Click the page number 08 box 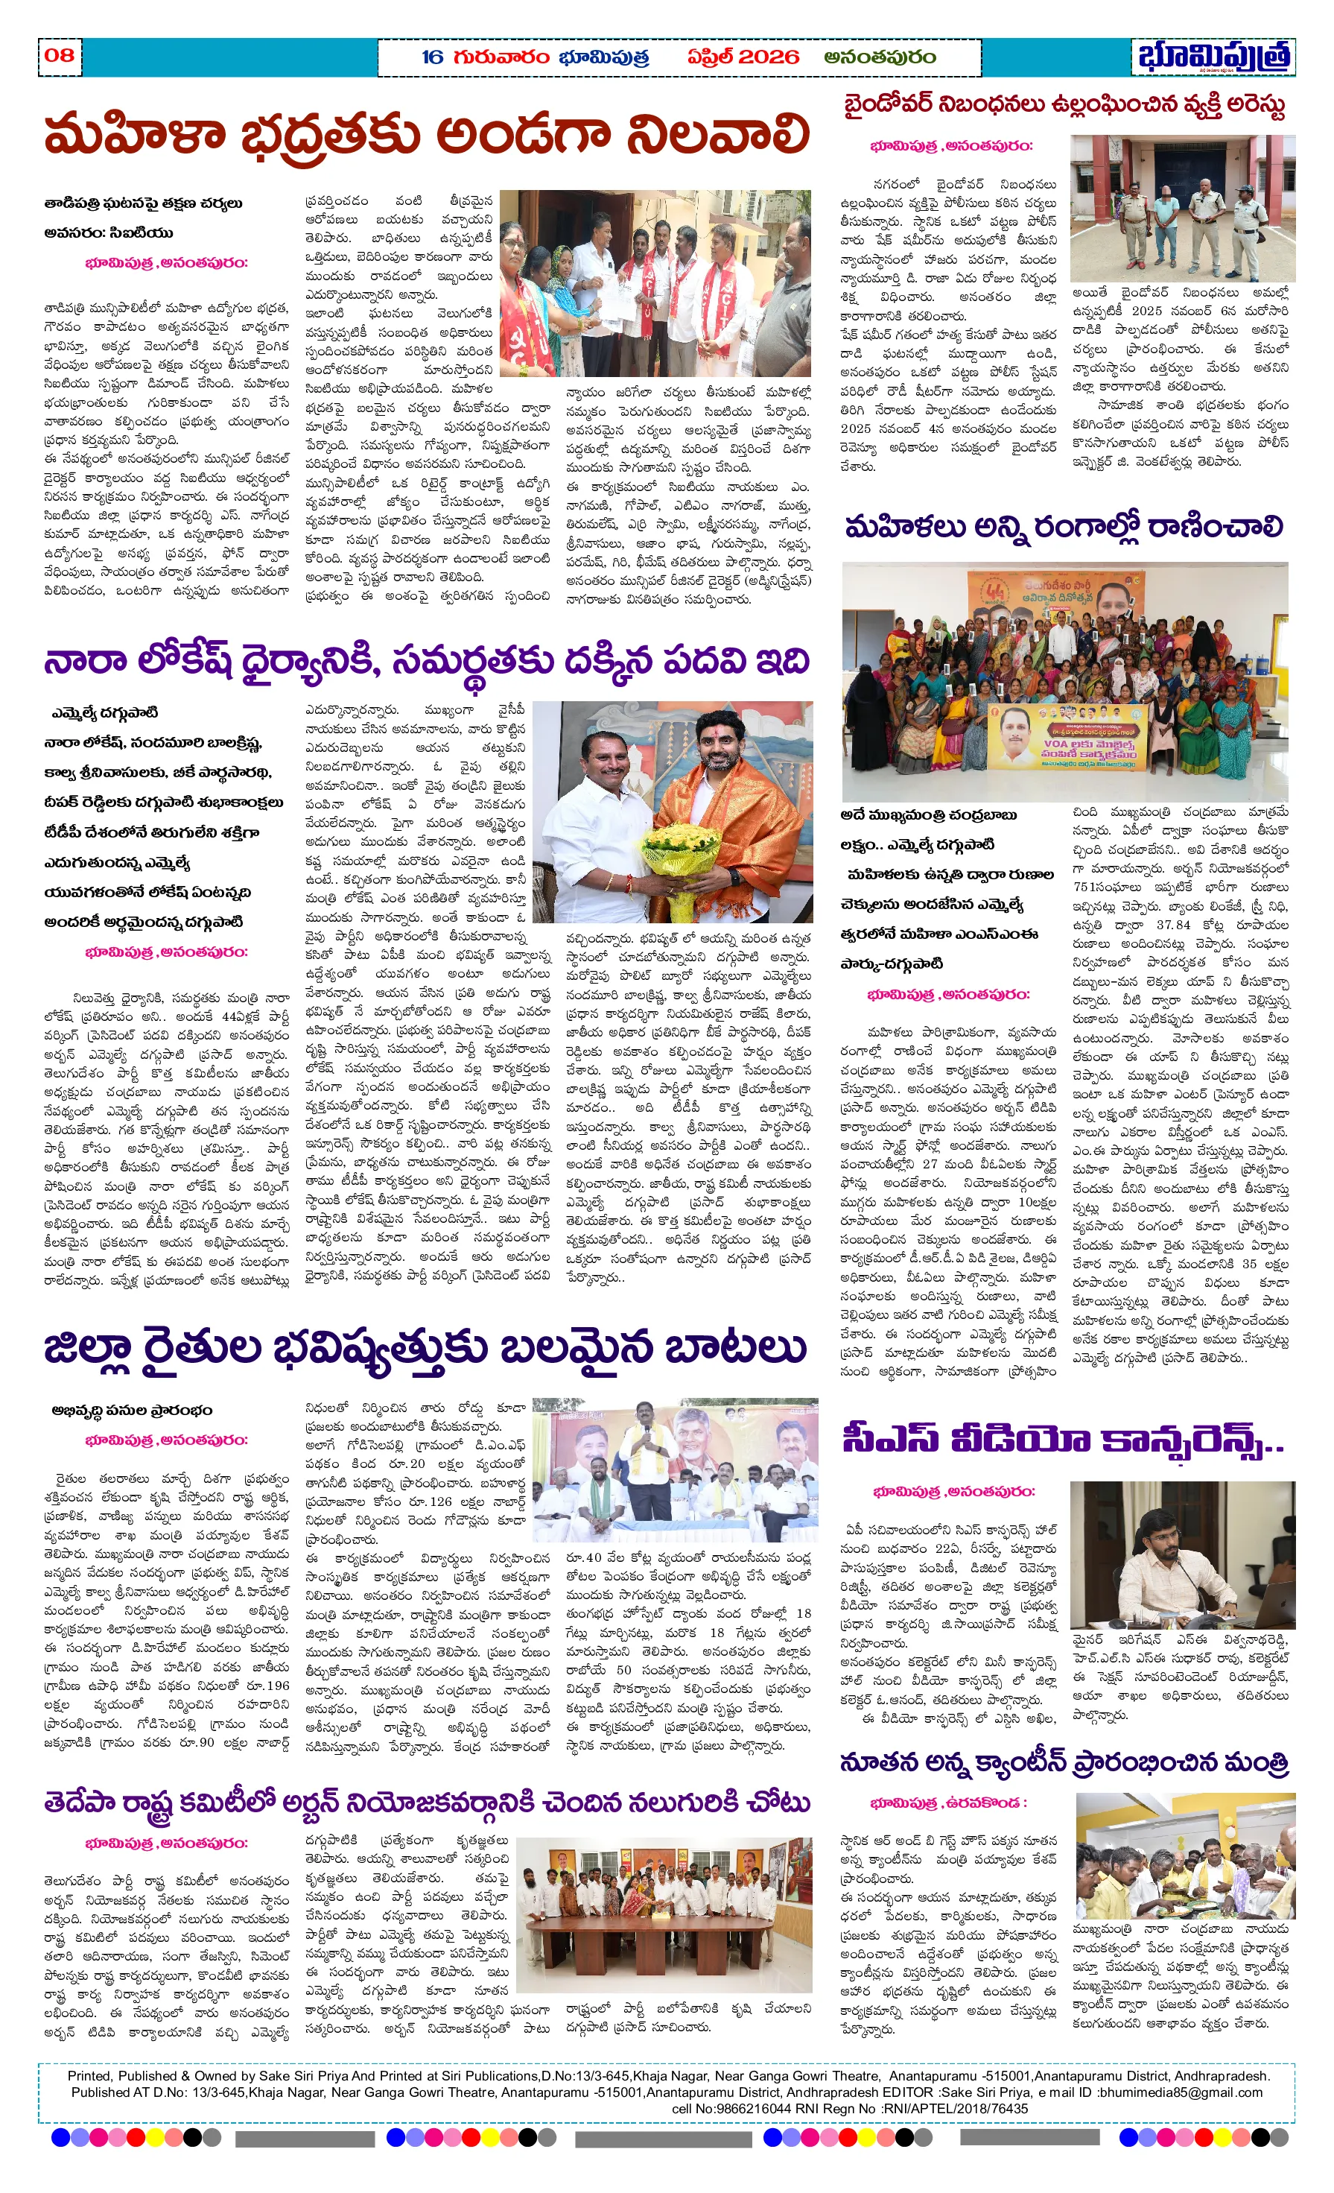click(59, 55)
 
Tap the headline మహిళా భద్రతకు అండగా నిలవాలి click(428, 136)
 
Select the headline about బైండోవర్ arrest click(1064, 106)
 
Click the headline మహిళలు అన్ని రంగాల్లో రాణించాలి click(1064, 527)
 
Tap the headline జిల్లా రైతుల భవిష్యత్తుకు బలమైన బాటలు click(425, 1349)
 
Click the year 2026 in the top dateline click(769, 57)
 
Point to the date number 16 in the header click(433, 57)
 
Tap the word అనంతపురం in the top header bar click(879, 57)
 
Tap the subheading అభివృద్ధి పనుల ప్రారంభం click(132, 1410)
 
